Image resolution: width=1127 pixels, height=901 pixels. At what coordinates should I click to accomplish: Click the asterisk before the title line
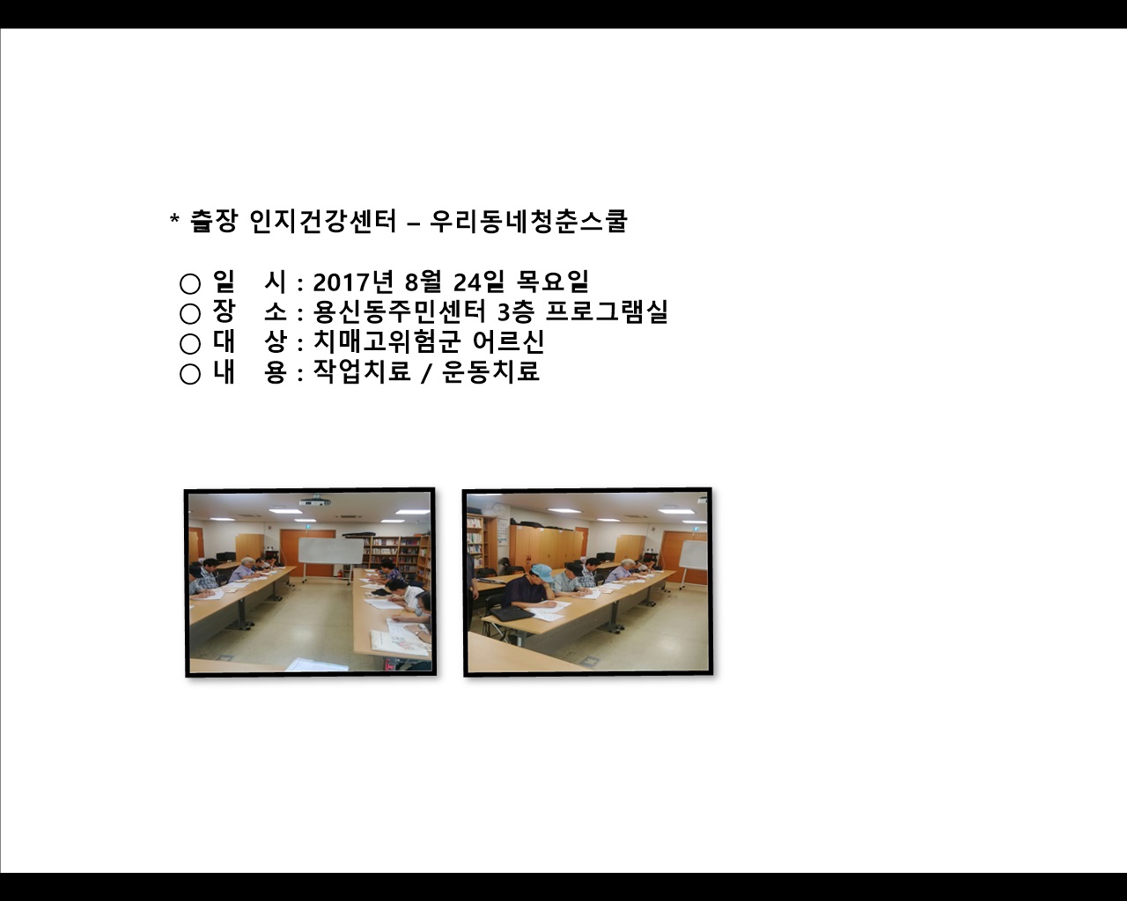174,219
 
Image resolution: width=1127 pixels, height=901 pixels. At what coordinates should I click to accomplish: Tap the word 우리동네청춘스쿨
528,221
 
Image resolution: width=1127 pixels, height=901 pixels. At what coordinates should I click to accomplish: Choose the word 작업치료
362,371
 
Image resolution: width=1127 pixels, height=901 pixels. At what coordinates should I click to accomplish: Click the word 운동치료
491,371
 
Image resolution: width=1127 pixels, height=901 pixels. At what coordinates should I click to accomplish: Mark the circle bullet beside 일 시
190,283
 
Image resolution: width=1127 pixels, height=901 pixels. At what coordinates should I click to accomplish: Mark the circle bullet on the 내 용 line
190,374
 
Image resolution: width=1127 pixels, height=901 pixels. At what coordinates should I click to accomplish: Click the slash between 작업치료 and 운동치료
426,373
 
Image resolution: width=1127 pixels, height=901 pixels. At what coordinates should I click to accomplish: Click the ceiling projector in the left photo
313,502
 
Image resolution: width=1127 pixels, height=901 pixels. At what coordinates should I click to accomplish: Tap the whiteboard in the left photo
330,551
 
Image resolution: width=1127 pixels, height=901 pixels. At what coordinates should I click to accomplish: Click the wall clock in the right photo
498,508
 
